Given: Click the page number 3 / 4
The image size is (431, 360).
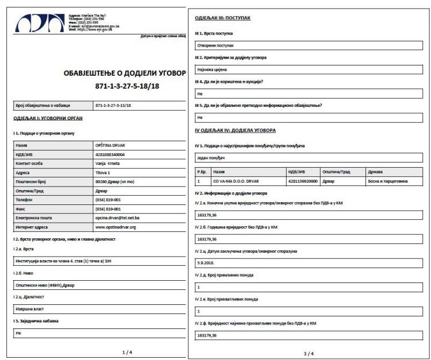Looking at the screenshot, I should (309, 353).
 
